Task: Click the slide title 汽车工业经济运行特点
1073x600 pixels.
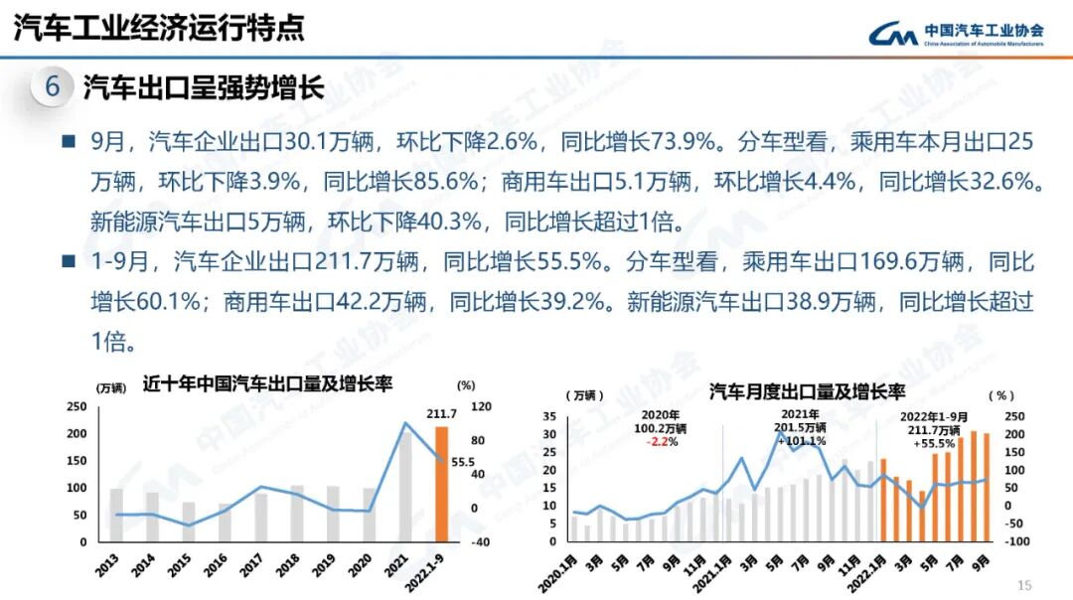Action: [x=159, y=27]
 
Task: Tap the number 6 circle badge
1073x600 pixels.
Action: [x=53, y=88]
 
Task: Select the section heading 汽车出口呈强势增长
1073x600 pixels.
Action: [x=204, y=88]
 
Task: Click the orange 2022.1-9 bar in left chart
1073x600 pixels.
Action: [x=441, y=484]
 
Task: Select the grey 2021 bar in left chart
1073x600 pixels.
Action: [x=405, y=487]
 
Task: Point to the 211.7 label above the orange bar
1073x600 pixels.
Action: [x=441, y=414]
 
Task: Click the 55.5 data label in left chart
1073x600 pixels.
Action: [x=463, y=462]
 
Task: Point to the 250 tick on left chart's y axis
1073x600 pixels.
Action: [x=76, y=407]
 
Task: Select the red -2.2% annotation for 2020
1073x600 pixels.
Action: [x=661, y=442]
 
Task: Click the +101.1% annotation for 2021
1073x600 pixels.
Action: [x=800, y=441]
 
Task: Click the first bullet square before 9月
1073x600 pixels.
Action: [x=69, y=142]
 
